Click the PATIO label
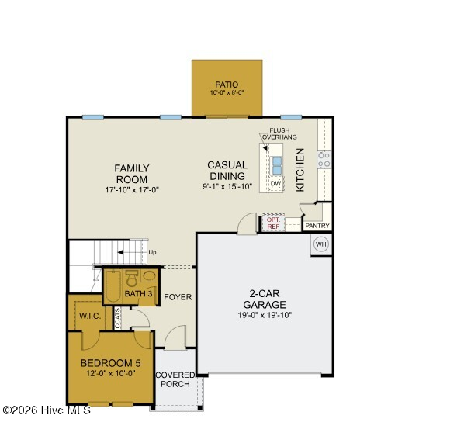(x=227, y=85)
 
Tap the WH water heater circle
(x=320, y=244)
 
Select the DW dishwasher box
(x=275, y=183)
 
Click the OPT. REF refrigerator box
(x=273, y=223)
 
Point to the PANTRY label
(x=317, y=226)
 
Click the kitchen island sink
(x=277, y=165)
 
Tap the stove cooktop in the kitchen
(x=324, y=160)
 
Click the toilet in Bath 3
(x=131, y=279)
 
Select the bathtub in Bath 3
(x=113, y=286)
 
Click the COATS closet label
(x=118, y=318)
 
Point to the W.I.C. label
(x=90, y=316)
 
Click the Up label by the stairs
(x=152, y=252)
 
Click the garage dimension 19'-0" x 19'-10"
(x=265, y=315)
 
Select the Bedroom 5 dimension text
(x=111, y=373)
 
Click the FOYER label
(x=178, y=297)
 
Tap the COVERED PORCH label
(x=175, y=379)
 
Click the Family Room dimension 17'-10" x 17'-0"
(x=132, y=190)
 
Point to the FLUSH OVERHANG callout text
(x=279, y=133)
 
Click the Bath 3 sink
(x=148, y=275)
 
